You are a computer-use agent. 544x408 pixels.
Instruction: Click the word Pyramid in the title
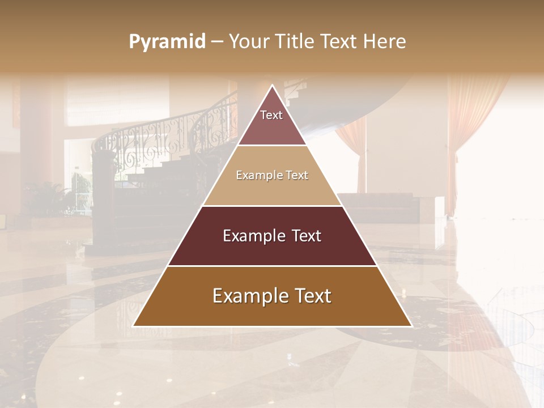[x=167, y=42]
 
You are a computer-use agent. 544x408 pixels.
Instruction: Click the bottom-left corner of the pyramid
[x=133, y=326]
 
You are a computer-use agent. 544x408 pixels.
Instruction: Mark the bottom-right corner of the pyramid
[x=411, y=326]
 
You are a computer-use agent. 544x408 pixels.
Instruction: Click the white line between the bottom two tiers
[x=272, y=266]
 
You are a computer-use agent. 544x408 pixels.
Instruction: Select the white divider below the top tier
[x=272, y=145]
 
